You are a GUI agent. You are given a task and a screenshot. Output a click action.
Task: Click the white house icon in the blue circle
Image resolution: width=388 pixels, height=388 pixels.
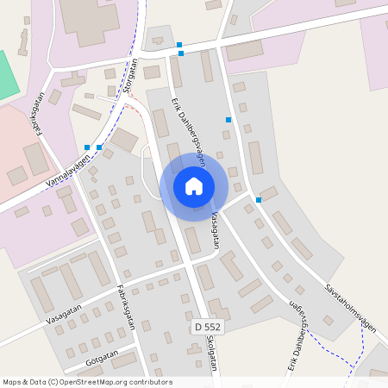coord(194,186)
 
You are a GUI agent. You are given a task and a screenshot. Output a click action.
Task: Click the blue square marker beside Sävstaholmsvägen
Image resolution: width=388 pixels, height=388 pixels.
coord(259,200)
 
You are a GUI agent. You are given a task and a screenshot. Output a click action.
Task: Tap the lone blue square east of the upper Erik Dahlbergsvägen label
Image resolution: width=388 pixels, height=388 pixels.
coord(228,120)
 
